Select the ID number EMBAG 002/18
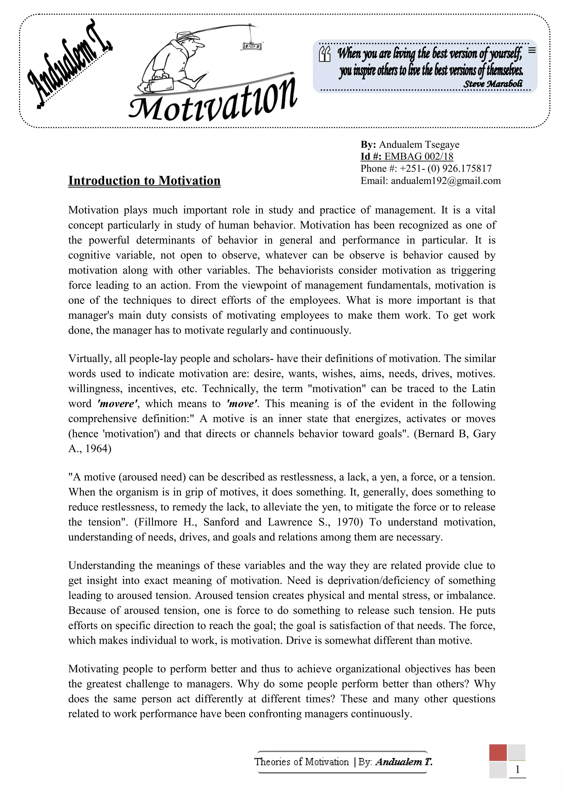click(x=419, y=157)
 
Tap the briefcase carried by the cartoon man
click(x=161, y=83)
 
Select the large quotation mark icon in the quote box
click(x=324, y=54)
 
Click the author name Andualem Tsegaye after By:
click(x=419, y=145)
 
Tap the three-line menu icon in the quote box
click(x=532, y=50)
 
